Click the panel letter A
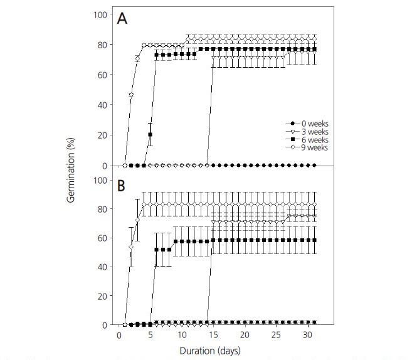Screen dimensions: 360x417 [x=124, y=19]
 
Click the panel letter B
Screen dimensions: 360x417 [x=124, y=186]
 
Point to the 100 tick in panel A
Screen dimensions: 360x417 [x=105, y=14]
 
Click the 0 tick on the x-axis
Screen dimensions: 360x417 [x=119, y=336]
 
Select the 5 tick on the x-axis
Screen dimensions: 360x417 [x=150, y=336]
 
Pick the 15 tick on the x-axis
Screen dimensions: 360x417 [x=213, y=336]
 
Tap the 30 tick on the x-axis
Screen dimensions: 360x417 [x=307, y=336]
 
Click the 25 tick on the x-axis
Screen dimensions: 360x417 [x=276, y=336]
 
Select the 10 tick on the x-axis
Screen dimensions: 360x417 [x=182, y=336]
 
